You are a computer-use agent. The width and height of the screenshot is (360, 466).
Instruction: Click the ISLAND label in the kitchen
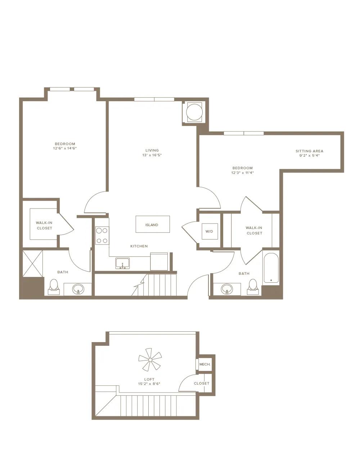coord(152,225)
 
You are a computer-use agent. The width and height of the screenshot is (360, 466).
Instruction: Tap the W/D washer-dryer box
coord(210,231)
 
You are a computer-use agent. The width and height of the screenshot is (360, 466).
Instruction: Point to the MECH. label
coord(205,364)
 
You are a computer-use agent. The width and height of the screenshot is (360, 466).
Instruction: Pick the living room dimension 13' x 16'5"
coord(152,155)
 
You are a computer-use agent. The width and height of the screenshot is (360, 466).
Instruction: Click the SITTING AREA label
coord(310,151)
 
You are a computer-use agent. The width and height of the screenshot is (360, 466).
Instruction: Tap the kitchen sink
coord(122,263)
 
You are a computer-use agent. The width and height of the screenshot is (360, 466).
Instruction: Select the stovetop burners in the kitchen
coord(102,236)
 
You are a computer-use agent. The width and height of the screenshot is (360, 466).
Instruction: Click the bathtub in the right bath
coord(271,268)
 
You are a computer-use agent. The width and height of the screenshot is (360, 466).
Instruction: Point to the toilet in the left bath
coord(54,287)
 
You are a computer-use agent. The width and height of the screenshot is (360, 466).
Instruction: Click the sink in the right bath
coord(227,289)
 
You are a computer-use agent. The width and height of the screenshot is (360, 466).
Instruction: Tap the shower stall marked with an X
coord(32,264)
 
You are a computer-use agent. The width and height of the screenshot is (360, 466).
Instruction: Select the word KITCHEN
coord(139,246)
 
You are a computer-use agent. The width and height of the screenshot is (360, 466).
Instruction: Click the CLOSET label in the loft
coord(202,383)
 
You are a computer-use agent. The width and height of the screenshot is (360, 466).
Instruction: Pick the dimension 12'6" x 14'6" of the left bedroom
coord(65,148)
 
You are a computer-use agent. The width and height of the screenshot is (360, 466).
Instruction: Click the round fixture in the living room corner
coord(194,112)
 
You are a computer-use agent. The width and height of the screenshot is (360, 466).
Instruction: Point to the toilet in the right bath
coord(253,287)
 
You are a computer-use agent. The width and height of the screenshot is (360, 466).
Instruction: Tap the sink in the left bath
coord(78,289)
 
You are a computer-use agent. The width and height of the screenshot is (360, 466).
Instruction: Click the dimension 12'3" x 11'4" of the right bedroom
coord(243,172)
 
